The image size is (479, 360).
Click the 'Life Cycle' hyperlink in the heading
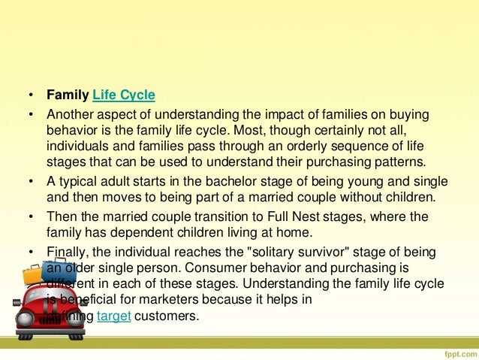click(x=123, y=96)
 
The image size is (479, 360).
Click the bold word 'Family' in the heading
click(x=68, y=96)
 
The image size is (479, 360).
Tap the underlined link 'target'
click(x=115, y=316)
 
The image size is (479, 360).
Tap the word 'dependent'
click(x=127, y=233)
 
